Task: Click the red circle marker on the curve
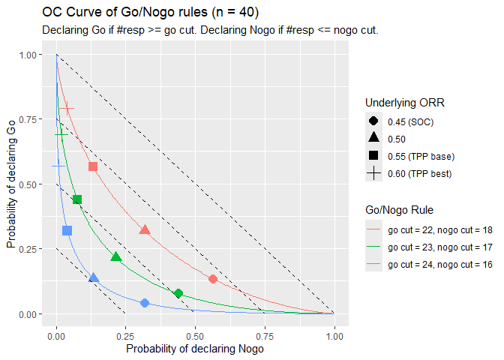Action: pyautogui.click(x=213, y=279)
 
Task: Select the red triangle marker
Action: pyautogui.click(x=145, y=229)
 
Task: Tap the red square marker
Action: pyautogui.click(x=93, y=166)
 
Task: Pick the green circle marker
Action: pyautogui.click(x=178, y=293)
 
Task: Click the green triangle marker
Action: pyautogui.click(x=115, y=257)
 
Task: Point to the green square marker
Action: pyautogui.click(x=77, y=199)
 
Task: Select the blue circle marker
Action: pyautogui.click(x=145, y=303)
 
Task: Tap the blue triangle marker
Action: pyautogui.click(x=94, y=277)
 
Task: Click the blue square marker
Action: pyautogui.click(x=67, y=230)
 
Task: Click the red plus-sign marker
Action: pyautogui.click(x=67, y=109)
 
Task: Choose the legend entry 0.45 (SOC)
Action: pyautogui.click(x=411, y=121)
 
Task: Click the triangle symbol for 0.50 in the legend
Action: pyautogui.click(x=373, y=139)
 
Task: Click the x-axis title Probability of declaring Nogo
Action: pyautogui.click(x=195, y=349)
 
